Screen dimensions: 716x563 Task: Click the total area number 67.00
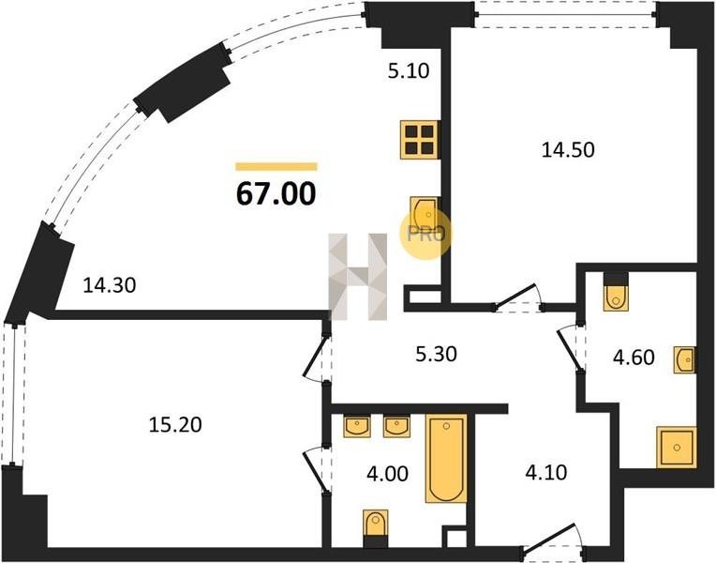click(x=276, y=193)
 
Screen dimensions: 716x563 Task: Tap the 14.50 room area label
click(x=568, y=150)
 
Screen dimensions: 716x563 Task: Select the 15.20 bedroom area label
click(x=175, y=425)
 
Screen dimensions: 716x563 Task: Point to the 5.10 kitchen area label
click(x=409, y=71)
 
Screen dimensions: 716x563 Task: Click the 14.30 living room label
click(x=110, y=286)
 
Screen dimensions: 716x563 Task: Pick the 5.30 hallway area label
click(x=436, y=354)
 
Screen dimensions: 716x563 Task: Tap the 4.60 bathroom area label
click(x=634, y=358)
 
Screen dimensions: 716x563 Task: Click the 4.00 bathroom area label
click(x=388, y=474)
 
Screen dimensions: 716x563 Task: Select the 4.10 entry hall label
click(x=546, y=472)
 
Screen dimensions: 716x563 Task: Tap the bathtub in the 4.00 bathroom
click(x=446, y=459)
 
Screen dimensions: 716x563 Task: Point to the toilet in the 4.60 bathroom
click(x=616, y=292)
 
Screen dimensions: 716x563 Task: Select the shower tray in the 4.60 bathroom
click(x=677, y=448)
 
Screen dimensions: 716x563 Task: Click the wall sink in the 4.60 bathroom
click(x=685, y=360)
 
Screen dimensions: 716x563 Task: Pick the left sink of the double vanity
click(x=357, y=427)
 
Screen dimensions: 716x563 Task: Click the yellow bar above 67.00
click(x=276, y=166)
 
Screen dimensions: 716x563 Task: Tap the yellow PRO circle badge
click(x=425, y=235)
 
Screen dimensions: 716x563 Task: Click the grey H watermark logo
click(x=358, y=277)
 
